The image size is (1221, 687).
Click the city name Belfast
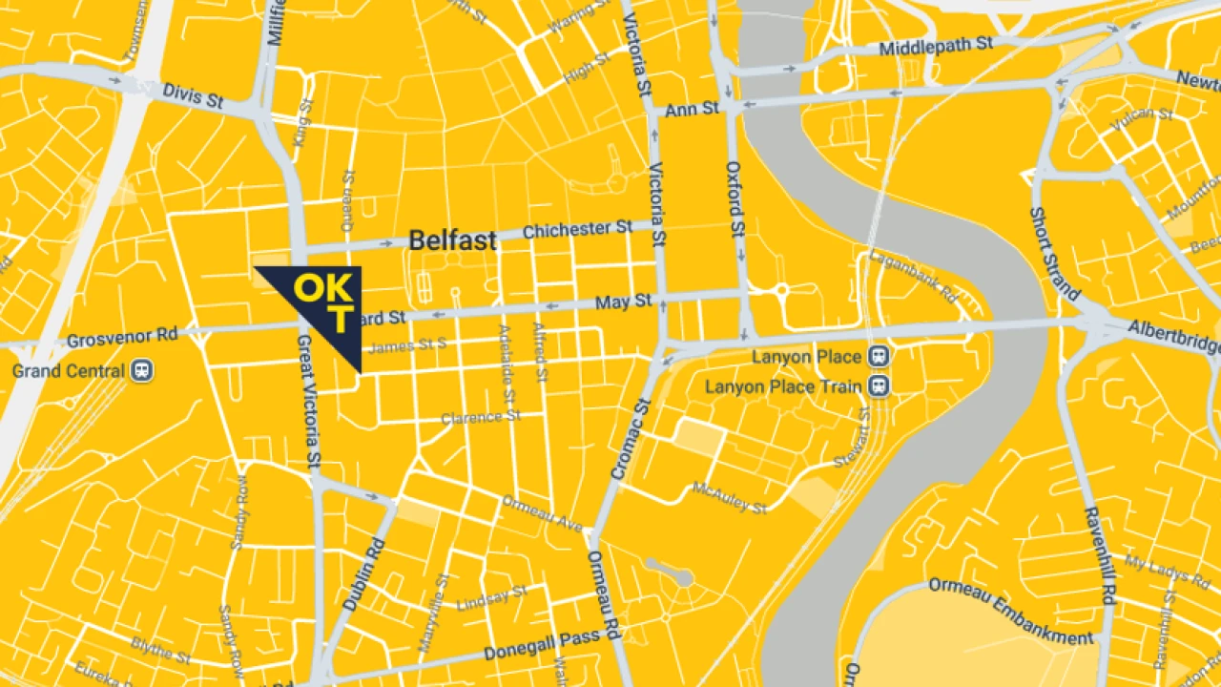pos(452,240)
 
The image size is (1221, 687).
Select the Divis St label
pos(193,94)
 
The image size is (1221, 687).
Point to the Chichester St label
pos(577,229)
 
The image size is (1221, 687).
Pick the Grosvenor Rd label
pos(122,338)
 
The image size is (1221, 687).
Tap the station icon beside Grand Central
pos(142,369)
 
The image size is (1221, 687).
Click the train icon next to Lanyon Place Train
pos(879,386)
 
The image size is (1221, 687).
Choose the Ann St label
pos(692,110)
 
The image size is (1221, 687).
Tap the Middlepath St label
pos(936,46)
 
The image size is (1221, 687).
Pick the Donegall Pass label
pos(541,646)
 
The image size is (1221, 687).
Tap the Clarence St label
pos(481,418)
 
